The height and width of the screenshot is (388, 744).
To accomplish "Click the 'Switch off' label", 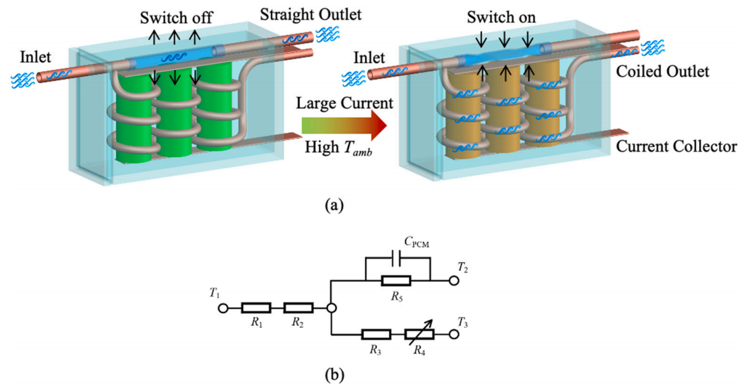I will coord(175,16).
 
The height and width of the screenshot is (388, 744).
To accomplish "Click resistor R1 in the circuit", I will coord(257,309).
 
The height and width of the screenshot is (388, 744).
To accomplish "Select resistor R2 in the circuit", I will coord(297,309).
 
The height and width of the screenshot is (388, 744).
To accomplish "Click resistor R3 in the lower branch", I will coord(376,333).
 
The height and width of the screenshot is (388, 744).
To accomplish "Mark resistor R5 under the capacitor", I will coord(397,278).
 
